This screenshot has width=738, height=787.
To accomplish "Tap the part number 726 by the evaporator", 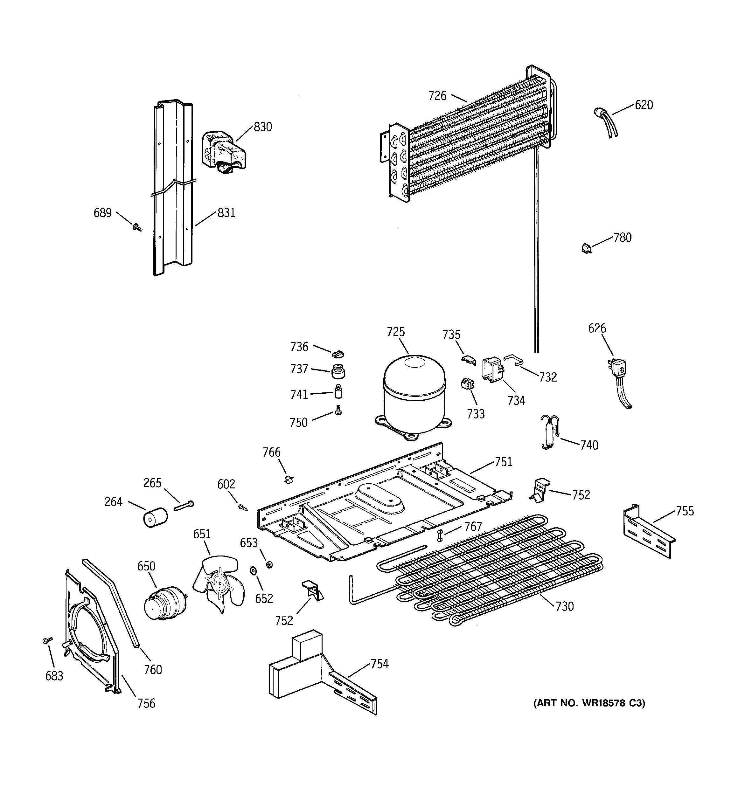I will coord(437,96).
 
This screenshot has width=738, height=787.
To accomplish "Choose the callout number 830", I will coord(263,127).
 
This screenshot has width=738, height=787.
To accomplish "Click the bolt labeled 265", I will coord(184,506).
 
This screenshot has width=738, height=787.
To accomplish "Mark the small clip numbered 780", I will coord(586,248).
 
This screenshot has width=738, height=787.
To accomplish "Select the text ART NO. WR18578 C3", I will coord(589,703).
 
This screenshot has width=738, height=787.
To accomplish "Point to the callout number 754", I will coord(379,664).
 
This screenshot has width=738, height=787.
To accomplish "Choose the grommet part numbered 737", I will coord(338,371).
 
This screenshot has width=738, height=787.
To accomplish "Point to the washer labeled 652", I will coord(252,571).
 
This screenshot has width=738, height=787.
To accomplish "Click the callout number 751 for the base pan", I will coord(503,462).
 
